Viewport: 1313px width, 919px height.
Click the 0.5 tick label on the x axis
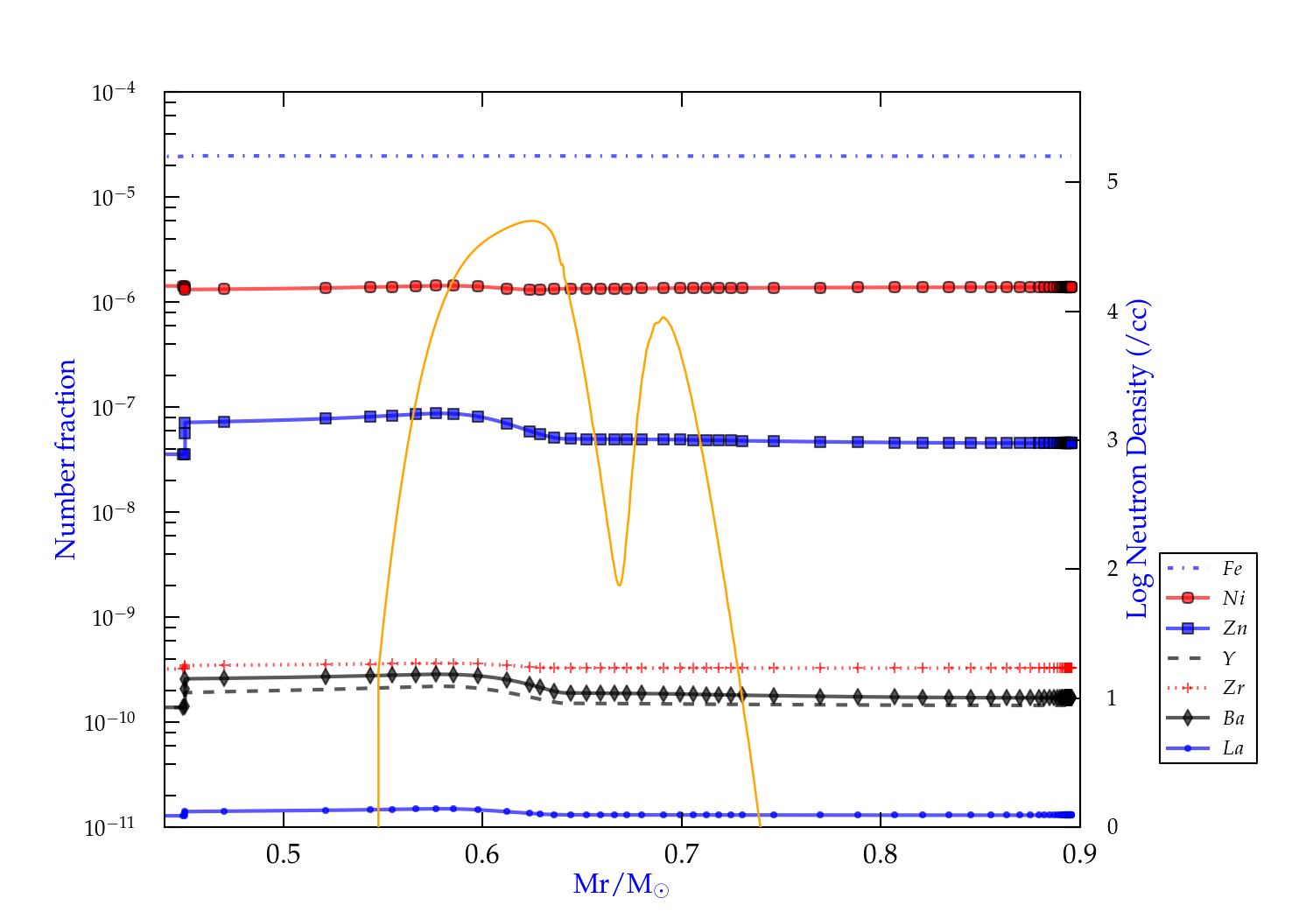coord(283,854)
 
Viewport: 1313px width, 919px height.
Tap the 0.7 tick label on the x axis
coord(681,854)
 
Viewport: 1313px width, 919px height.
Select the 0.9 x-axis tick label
coord(1079,854)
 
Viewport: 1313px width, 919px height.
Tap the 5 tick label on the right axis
coord(1113,181)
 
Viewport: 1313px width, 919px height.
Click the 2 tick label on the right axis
coord(1113,569)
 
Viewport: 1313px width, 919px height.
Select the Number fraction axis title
coord(66,459)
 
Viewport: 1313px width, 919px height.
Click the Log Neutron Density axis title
coord(1138,459)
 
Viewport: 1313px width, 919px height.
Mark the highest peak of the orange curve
coord(532,221)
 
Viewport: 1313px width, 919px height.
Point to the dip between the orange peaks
coord(619,585)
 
